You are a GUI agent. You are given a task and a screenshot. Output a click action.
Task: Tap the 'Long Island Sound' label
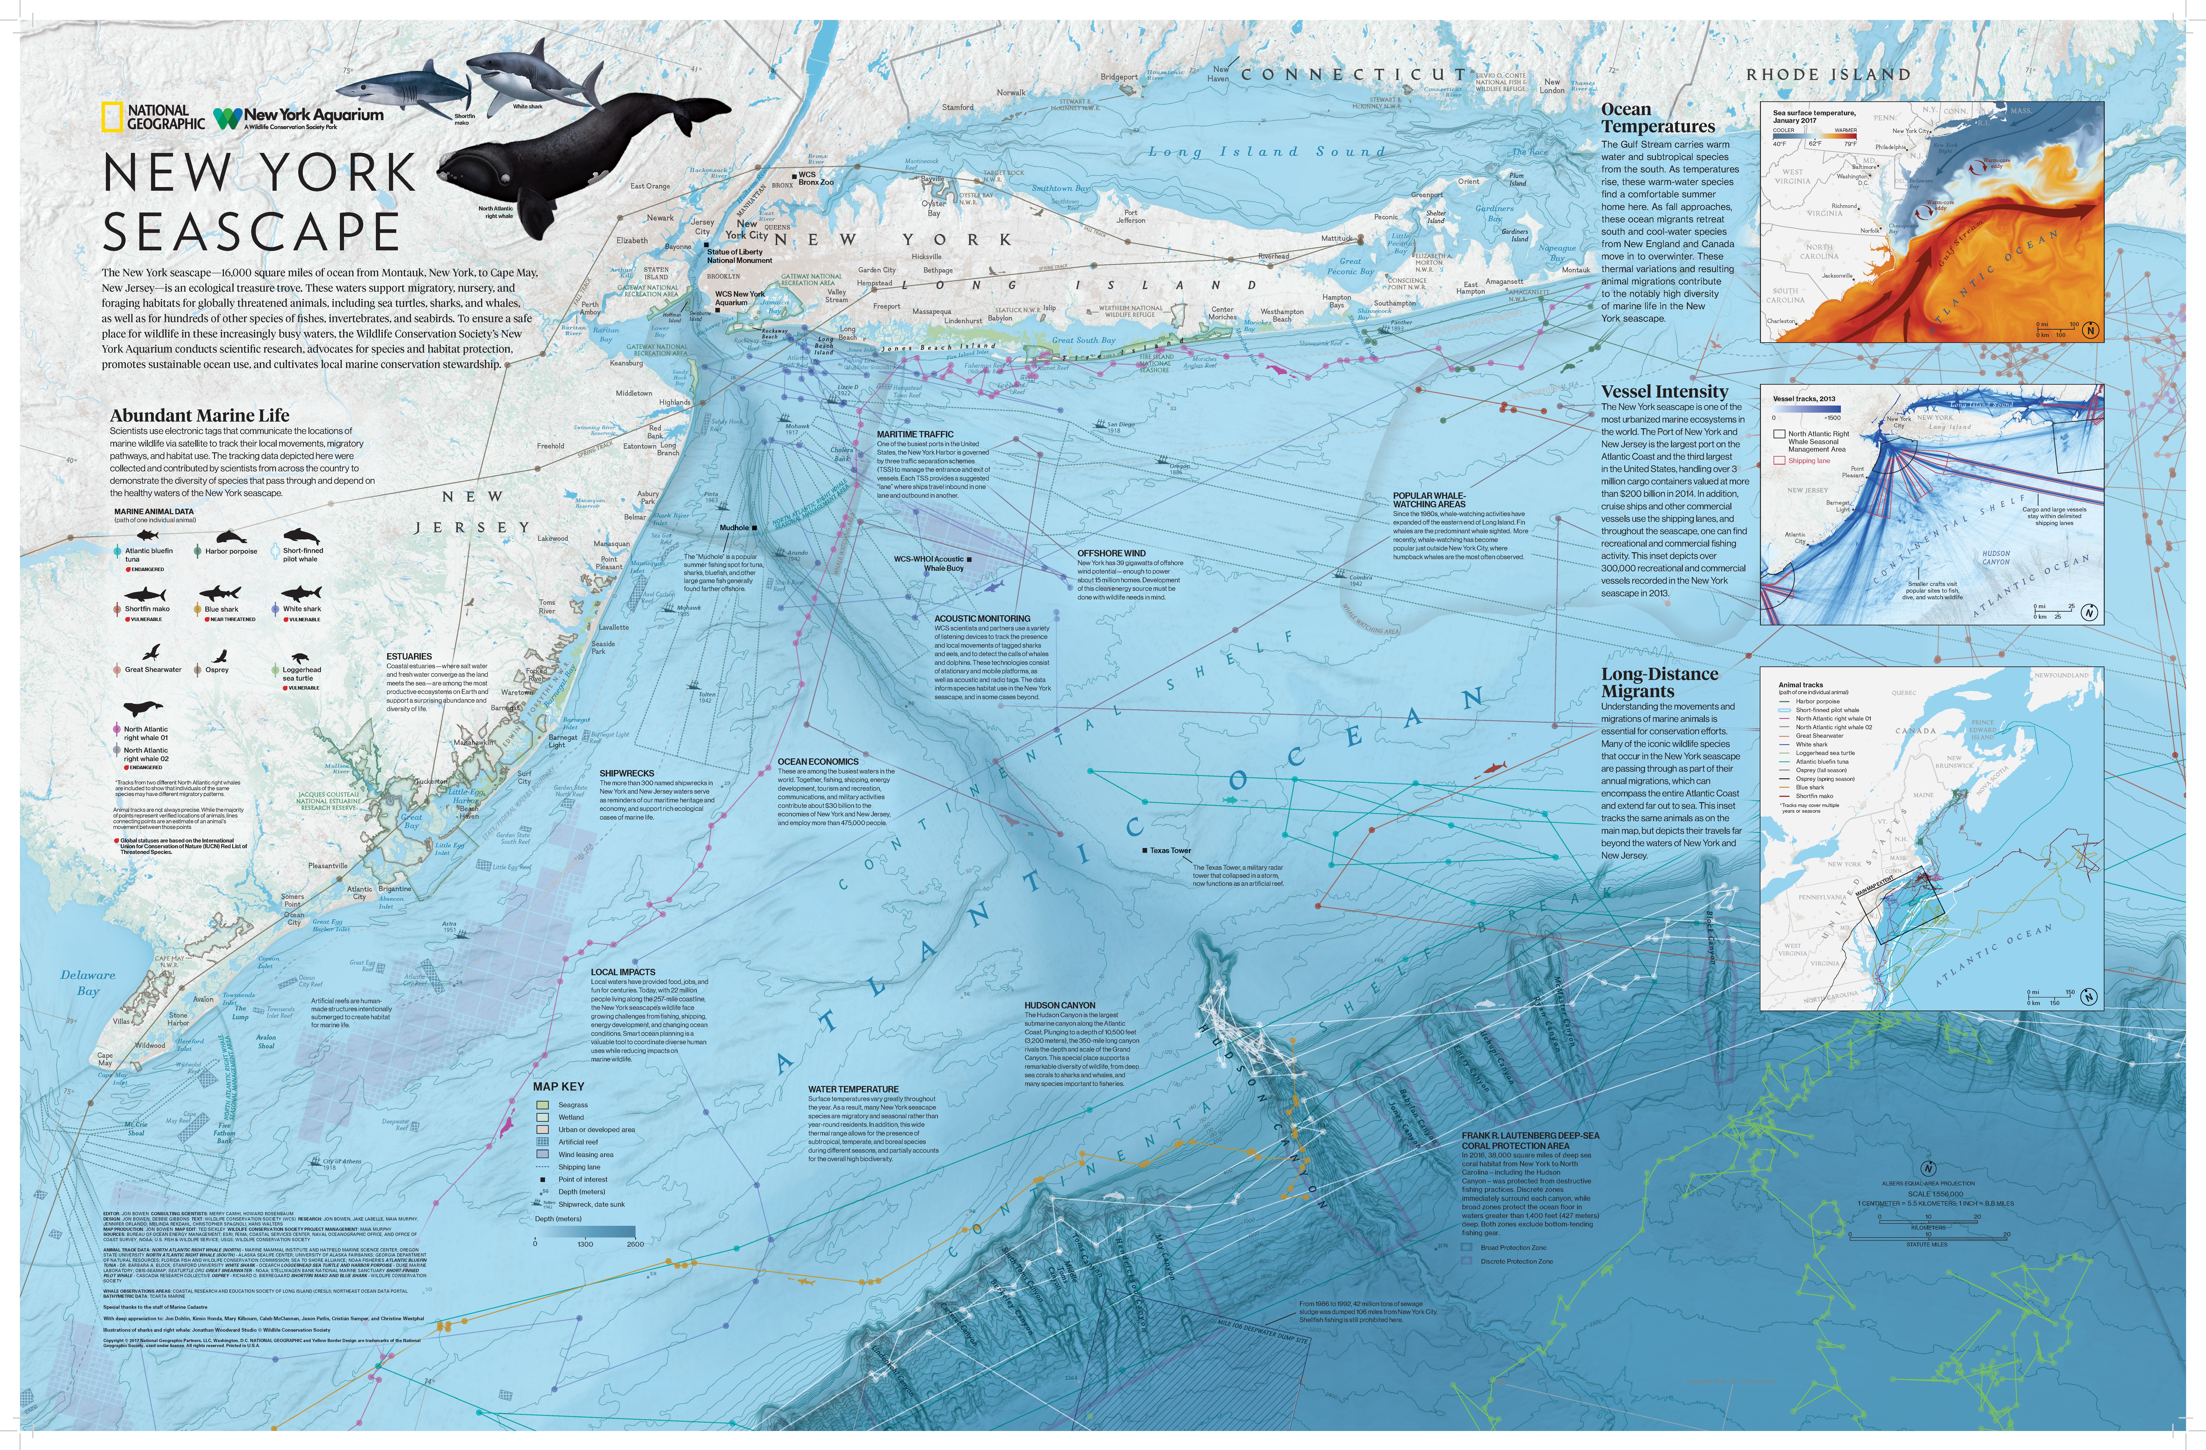1266,151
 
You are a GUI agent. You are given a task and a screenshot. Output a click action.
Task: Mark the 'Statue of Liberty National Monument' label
739,256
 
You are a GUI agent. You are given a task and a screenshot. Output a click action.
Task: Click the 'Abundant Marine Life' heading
199,415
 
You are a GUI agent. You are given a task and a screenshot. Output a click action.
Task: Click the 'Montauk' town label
1576,270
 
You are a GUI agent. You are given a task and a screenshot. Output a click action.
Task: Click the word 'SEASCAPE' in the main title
250,232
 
